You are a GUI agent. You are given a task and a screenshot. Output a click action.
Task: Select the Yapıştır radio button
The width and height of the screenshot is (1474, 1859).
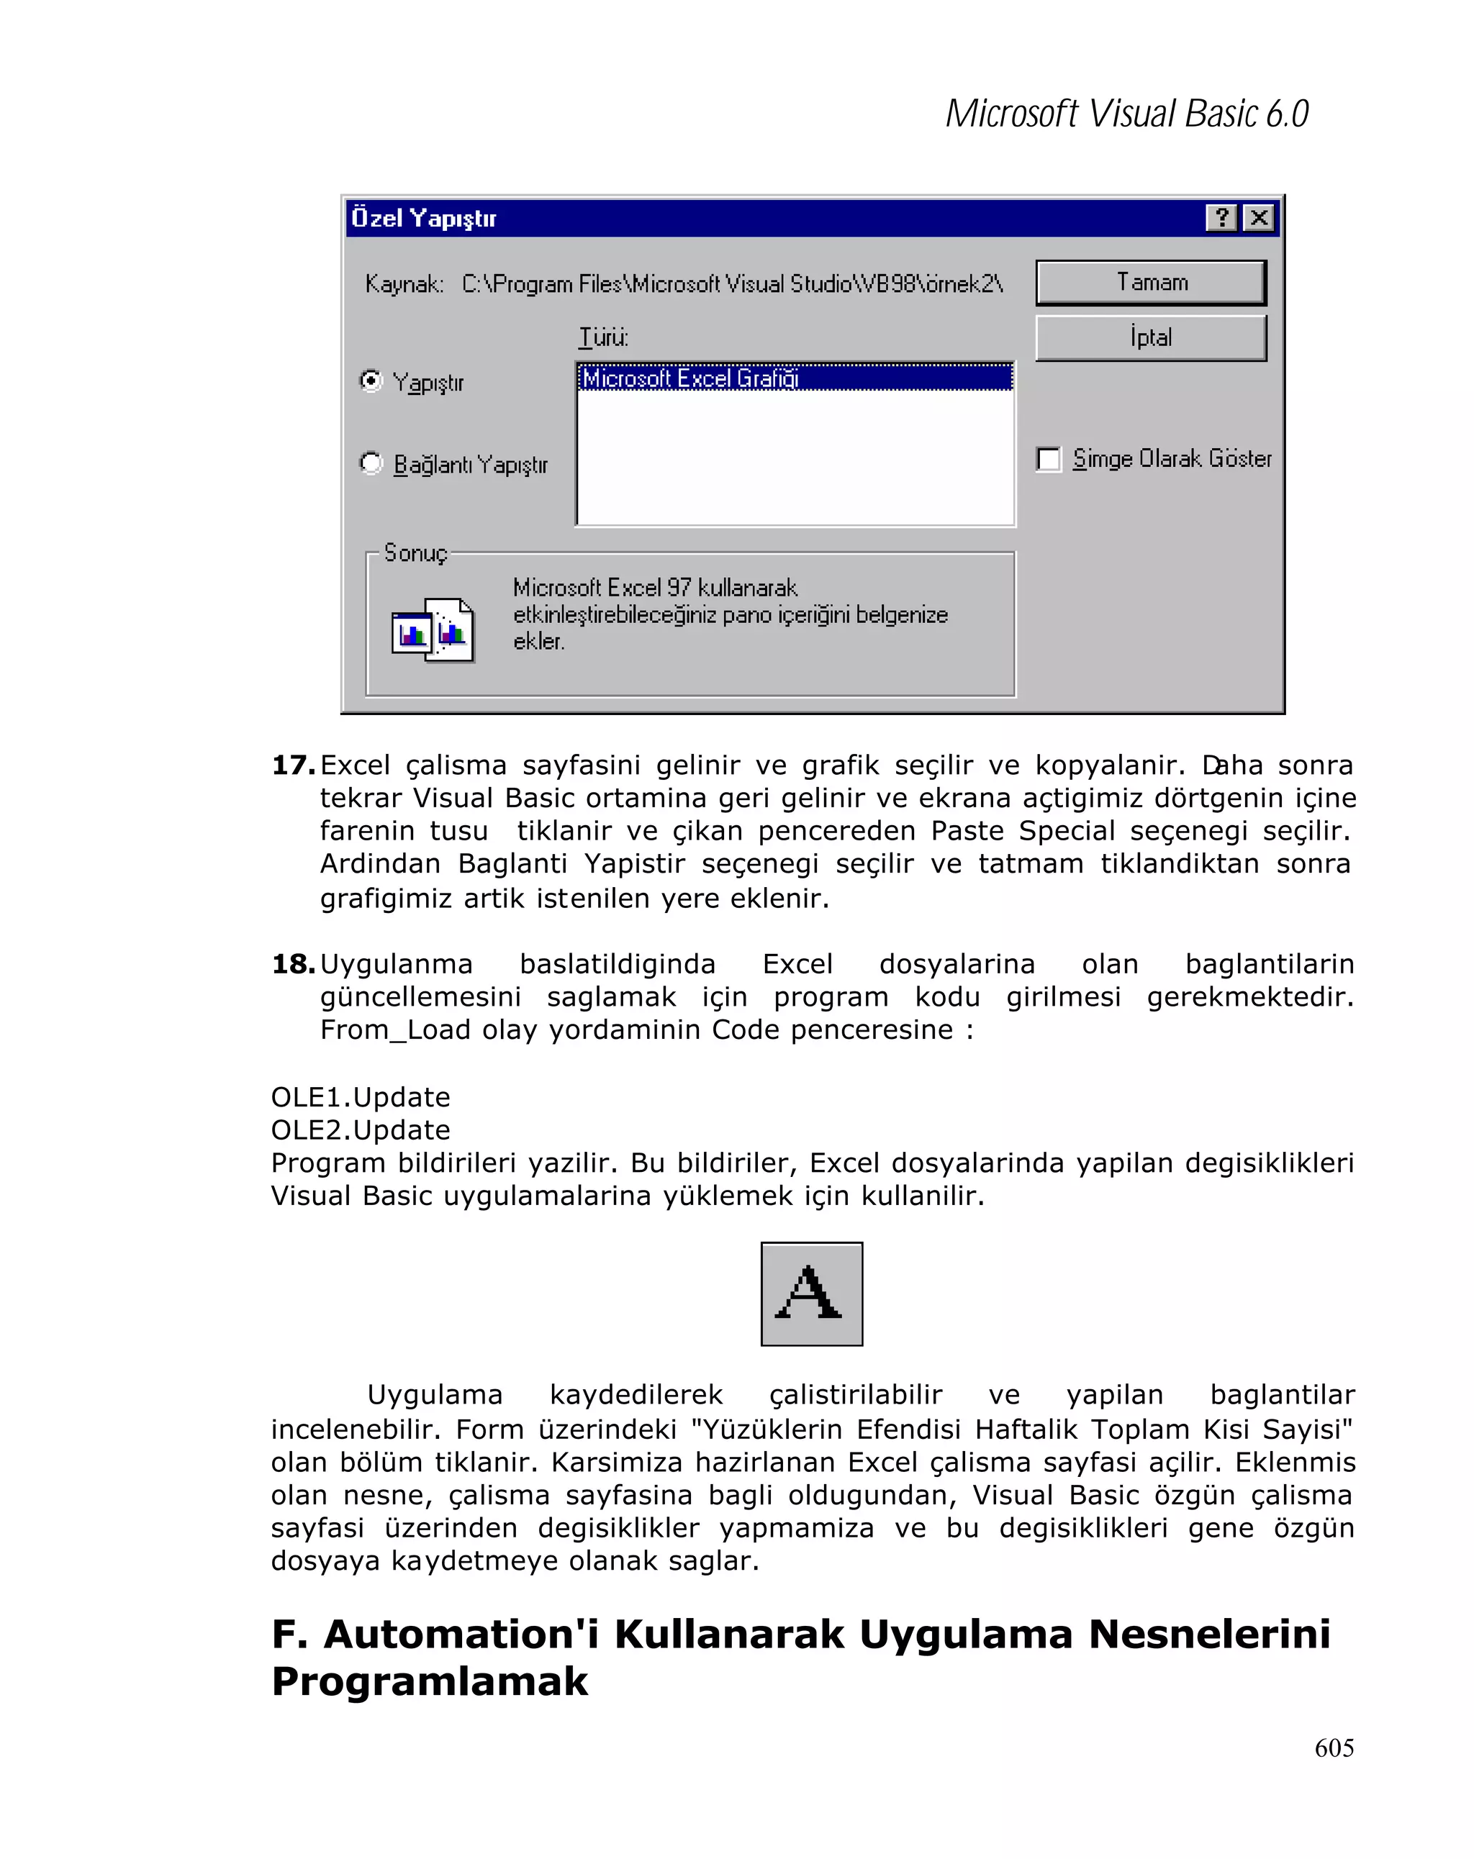coord(371,381)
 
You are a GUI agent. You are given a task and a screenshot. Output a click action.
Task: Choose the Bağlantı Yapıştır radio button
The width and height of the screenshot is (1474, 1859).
coord(371,463)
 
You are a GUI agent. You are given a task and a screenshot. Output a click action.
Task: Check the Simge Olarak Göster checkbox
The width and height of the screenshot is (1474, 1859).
coord(1048,459)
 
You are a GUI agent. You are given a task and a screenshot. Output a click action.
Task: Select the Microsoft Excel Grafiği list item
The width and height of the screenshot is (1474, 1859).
coord(690,378)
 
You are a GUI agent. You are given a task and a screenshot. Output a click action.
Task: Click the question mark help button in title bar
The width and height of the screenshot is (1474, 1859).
coord(1221,217)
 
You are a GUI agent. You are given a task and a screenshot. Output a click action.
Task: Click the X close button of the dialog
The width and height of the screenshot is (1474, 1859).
coord(1258,217)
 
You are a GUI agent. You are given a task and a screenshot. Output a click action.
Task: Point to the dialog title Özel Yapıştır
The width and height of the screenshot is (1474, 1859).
coord(423,218)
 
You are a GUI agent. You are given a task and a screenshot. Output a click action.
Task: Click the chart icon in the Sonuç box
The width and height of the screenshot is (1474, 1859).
coord(432,629)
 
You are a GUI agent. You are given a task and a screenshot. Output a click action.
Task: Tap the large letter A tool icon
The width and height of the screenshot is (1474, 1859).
coord(810,1294)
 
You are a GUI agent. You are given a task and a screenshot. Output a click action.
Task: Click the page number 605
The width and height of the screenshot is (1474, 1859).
coord(1334,1747)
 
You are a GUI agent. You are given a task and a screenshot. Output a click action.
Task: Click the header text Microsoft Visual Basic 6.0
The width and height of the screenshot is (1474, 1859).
coord(1126,114)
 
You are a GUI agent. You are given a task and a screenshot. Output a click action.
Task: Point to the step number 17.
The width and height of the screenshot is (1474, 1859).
coord(291,765)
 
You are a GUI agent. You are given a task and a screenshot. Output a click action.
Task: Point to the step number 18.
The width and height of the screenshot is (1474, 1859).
coord(291,964)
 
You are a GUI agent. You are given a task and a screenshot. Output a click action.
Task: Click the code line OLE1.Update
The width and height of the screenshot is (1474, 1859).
coord(361,1097)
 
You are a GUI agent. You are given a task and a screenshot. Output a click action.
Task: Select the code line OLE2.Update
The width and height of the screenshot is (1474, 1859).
coord(361,1130)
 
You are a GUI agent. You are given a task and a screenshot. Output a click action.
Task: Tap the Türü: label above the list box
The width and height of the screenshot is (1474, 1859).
coord(603,337)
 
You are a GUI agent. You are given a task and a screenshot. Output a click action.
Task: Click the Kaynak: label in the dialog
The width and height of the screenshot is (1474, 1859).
coord(404,283)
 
